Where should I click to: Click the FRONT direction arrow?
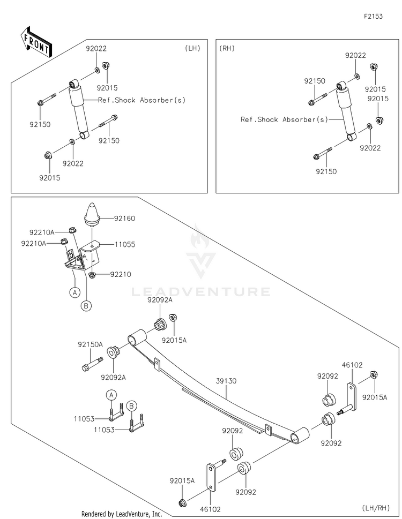pos(36,42)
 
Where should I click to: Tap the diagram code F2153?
pos(373,16)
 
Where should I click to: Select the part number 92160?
pos(124,219)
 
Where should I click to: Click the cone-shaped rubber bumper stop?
pos(92,215)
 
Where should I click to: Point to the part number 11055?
pos(125,245)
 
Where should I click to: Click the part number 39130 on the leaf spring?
pos(226,381)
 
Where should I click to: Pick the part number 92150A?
pos(91,344)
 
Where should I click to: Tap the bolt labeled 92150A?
pos(93,363)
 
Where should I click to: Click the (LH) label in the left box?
pos(193,48)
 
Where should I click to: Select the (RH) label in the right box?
pos(227,48)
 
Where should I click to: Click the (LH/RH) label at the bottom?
pos(376,508)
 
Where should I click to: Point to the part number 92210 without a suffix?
pos(121,274)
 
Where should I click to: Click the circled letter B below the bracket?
pos(86,306)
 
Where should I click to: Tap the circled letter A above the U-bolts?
pos(111,395)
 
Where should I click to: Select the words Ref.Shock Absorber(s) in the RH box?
pos(284,119)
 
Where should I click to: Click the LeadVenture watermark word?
pos(200,291)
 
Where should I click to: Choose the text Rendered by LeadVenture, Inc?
pos(122,514)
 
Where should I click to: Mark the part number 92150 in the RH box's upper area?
pos(315,81)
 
